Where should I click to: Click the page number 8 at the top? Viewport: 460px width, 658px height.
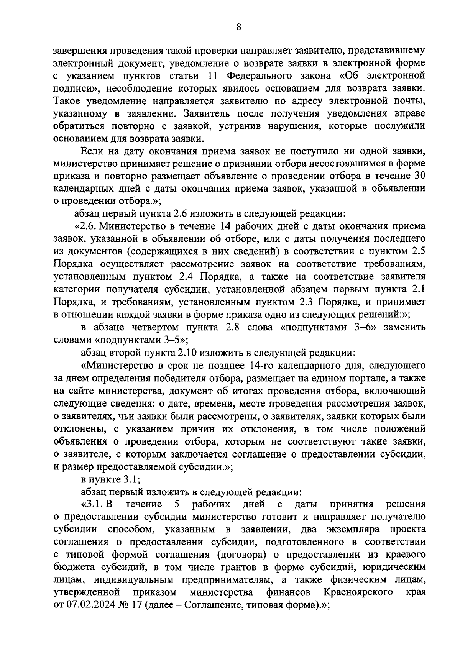pos(238,26)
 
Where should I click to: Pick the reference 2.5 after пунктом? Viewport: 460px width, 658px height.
pos(417,251)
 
